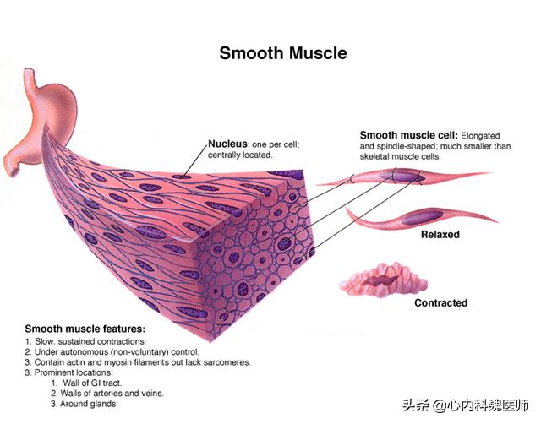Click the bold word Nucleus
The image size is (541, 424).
(227, 144)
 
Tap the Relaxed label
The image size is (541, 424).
(440, 235)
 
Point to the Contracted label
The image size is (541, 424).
(440, 302)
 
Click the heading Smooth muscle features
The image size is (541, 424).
(85, 328)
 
